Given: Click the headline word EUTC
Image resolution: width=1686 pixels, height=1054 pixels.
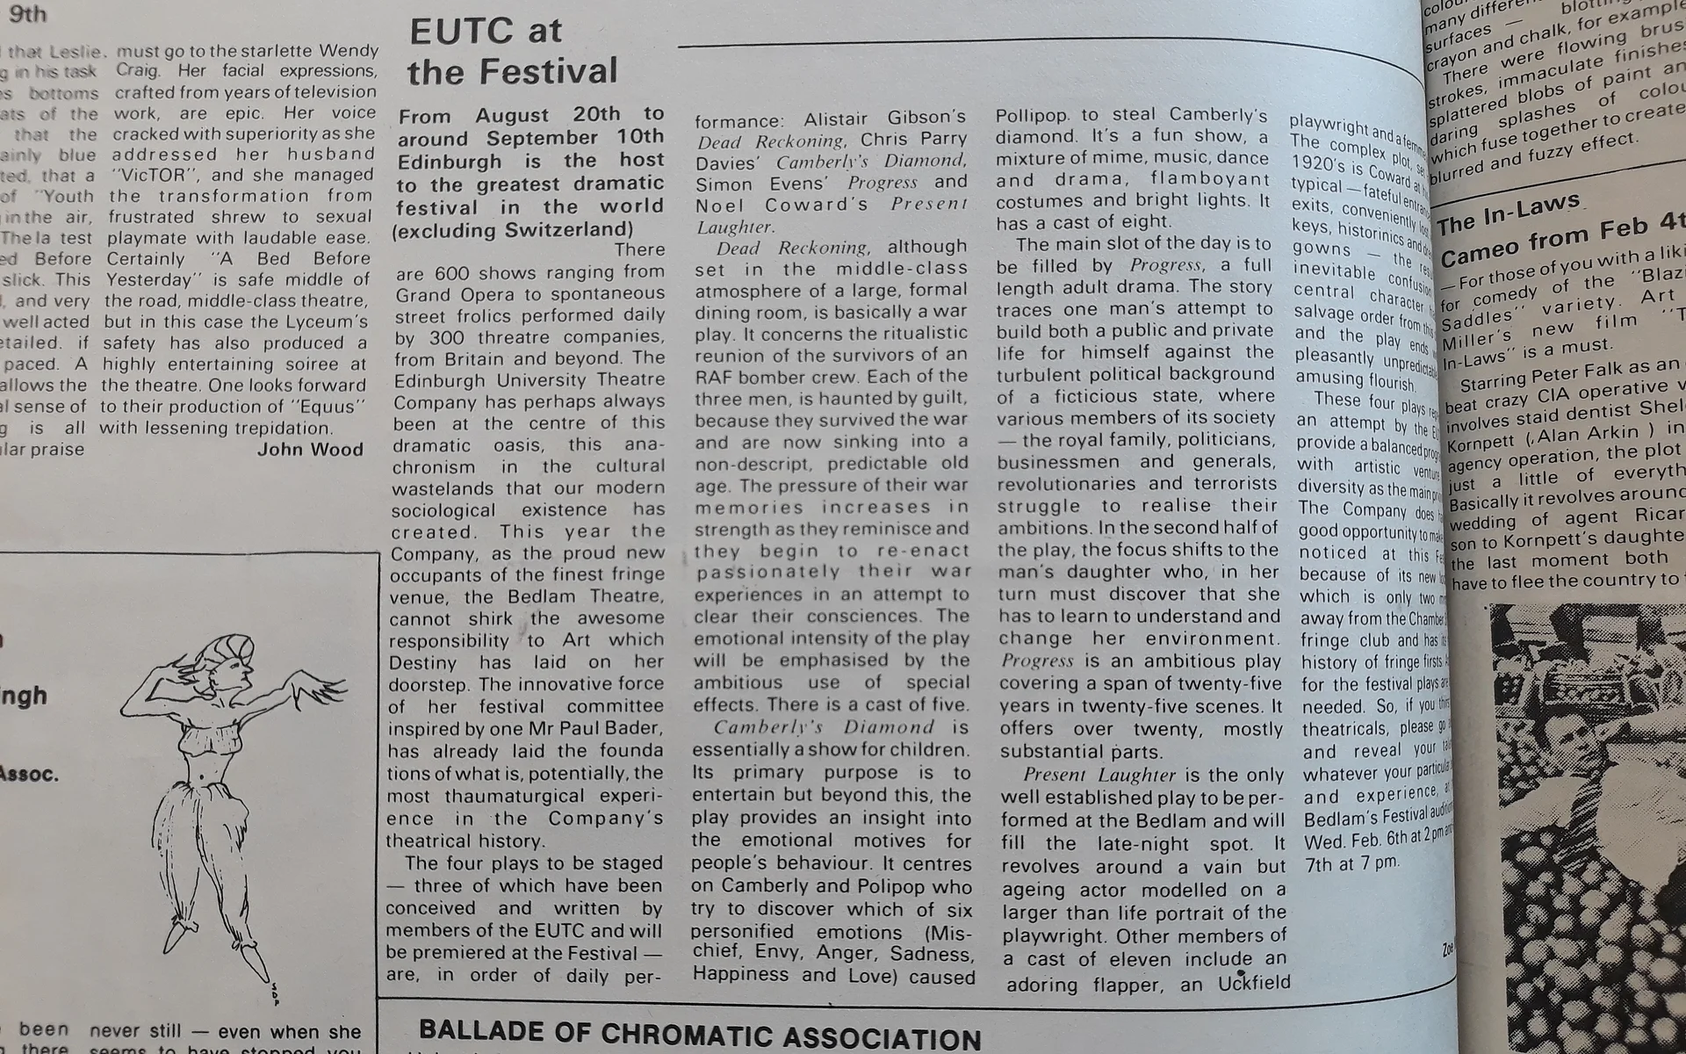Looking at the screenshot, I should (463, 32).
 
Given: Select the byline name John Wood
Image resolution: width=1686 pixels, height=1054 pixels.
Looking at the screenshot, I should (310, 450).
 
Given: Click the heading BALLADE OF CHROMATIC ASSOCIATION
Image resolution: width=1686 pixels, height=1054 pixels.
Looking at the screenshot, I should (700, 1035).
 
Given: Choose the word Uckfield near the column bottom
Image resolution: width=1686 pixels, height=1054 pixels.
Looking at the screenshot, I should (1253, 983).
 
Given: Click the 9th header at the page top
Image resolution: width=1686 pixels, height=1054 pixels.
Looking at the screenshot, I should (28, 15).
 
